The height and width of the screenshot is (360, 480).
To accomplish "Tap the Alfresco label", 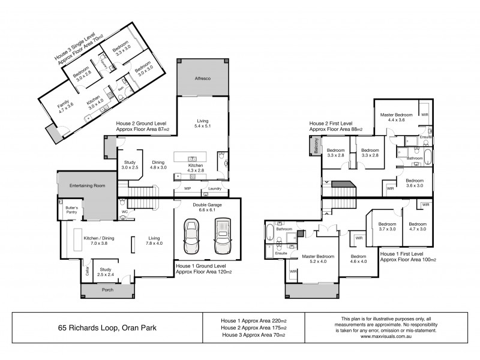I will pos(202,79).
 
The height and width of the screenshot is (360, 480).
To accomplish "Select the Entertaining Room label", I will pos(87,186).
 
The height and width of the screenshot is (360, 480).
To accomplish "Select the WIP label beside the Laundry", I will pos(187,189).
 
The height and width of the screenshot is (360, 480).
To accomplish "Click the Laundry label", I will pos(214,189).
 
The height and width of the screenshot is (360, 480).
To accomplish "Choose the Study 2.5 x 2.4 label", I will pos(106,272).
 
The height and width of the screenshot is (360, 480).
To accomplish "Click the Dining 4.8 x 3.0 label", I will pos(158,165).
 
